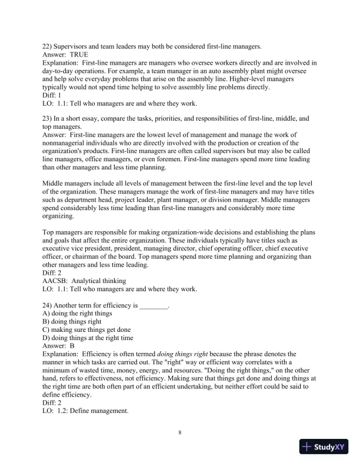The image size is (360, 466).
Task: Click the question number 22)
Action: pyautogui.click(x=48, y=46)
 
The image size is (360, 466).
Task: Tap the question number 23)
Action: pyautogui.click(x=48, y=118)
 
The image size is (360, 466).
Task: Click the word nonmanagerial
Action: pyautogui.click(x=74, y=143)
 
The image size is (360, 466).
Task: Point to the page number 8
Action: pyautogui.click(x=180, y=434)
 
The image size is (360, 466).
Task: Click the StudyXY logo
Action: pyautogui.click(x=325, y=447)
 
